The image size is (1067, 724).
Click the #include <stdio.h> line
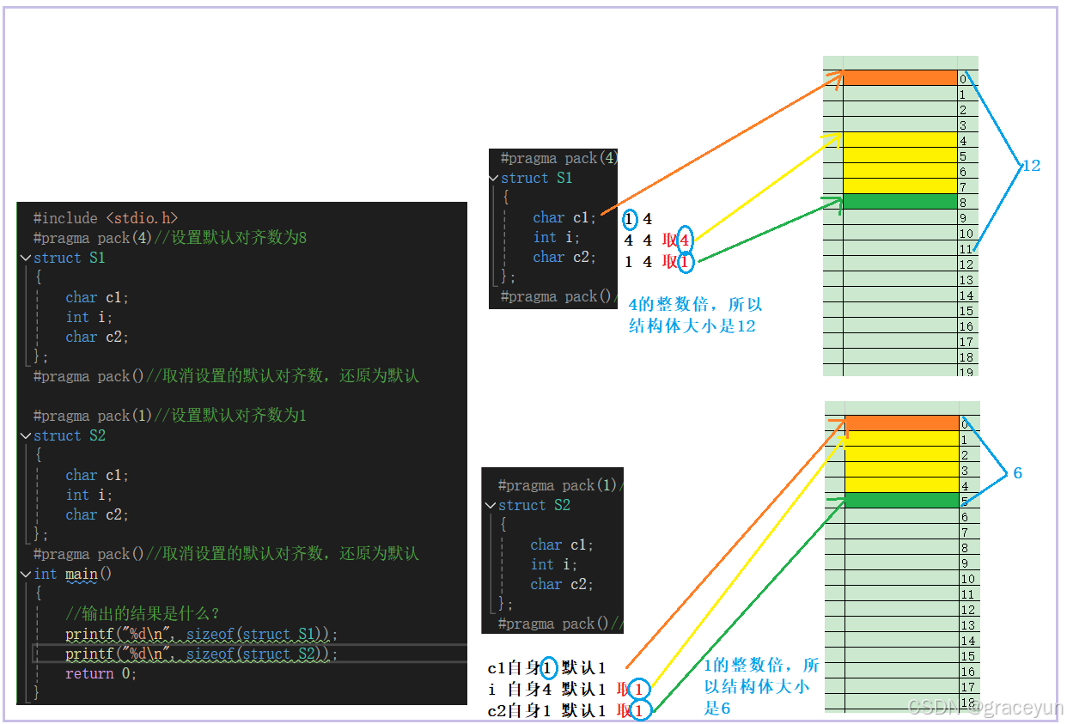pyautogui.click(x=105, y=218)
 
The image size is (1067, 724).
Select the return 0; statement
pyautogui.click(x=101, y=673)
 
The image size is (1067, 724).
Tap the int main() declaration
pyautogui.click(x=73, y=574)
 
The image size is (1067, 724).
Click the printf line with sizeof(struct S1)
pyautogui.click(x=201, y=634)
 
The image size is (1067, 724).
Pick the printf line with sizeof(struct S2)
pyautogui.click(x=201, y=654)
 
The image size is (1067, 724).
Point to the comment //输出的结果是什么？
pyautogui.click(x=143, y=613)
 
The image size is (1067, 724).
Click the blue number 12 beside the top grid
pyautogui.click(x=1030, y=166)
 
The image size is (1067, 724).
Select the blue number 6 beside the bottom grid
pyautogui.click(x=1018, y=473)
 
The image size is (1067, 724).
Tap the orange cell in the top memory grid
pyautogui.click(x=899, y=78)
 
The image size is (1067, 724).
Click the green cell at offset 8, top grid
pyautogui.click(x=899, y=202)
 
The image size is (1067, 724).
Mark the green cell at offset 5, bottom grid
pyautogui.click(x=901, y=501)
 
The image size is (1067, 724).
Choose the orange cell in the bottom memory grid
pyautogui.click(x=901, y=423)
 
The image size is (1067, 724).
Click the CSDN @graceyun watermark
pyautogui.click(x=985, y=707)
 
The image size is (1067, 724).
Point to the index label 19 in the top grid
pyautogui.click(x=966, y=371)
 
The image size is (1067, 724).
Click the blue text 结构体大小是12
pyautogui.click(x=692, y=325)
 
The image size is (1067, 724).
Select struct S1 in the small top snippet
pyautogui.click(x=536, y=178)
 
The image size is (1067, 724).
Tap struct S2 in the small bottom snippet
pyautogui.click(x=533, y=505)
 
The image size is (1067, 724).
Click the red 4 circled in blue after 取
pyautogui.click(x=684, y=241)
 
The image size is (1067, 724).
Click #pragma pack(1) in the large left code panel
pyautogui.click(x=93, y=416)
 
